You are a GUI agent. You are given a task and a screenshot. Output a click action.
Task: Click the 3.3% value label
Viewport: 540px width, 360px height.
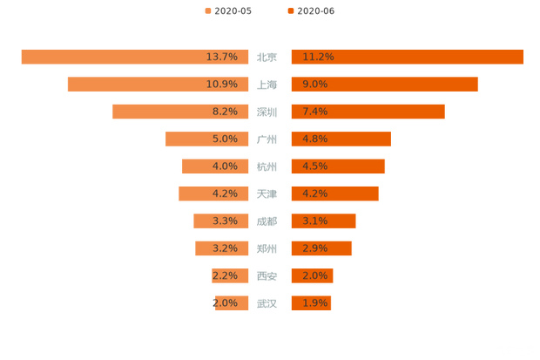pyautogui.click(x=225, y=221)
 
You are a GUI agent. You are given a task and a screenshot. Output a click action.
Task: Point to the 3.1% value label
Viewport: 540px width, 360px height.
pyautogui.click(x=314, y=221)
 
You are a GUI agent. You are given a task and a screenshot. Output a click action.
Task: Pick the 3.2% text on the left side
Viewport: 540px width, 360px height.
pyautogui.click(x=225, y=248)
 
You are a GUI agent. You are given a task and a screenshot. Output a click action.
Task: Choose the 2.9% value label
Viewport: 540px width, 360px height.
pyautogui.click(x=314, y=248)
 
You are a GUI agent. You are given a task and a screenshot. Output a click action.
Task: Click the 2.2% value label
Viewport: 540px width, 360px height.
pyautogui.click(x=225, y=276)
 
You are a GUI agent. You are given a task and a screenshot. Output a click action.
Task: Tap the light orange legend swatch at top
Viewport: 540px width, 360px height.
pyautogui.click(x=207, y=10)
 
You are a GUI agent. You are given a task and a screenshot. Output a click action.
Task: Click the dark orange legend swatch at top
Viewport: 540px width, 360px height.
pyautogui.click(x=289, y=10)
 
